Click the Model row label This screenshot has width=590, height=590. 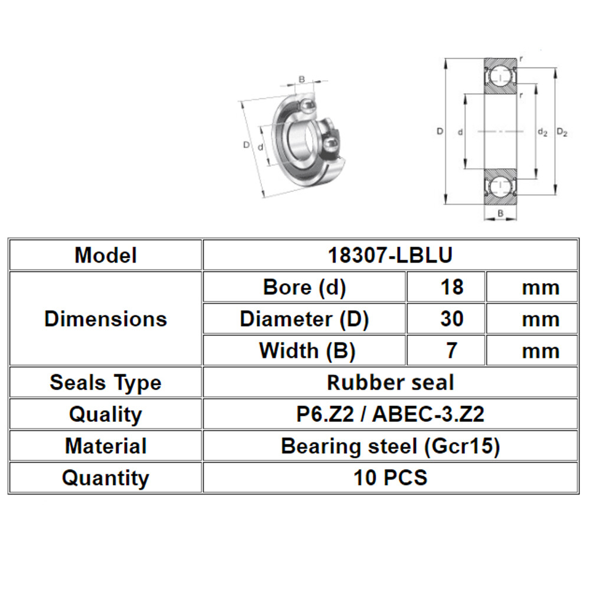coord(106,255)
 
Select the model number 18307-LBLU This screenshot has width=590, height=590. coord(390,255)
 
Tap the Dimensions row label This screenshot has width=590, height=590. coord(106,319)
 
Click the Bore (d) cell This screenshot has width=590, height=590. coord(304,287)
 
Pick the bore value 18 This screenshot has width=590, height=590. coord(451,287)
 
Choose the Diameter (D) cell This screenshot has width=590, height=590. coord(304,319)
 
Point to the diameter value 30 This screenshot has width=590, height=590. coord(451,319)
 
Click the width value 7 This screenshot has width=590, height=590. coord(451,351)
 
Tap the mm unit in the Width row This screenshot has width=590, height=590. coord(540,351)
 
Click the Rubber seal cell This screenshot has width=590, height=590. coord(390,383)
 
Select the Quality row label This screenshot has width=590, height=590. coord(106,415)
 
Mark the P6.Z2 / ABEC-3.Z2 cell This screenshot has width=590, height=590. coord(390,415)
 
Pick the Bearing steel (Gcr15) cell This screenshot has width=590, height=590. coord(390,446)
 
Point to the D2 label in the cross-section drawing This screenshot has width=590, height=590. coord(562,133)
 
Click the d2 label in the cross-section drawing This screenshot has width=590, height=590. coord(542,133)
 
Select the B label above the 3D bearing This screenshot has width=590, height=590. coord(301,80)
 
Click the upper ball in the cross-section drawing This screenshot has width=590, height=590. coord(500,78)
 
